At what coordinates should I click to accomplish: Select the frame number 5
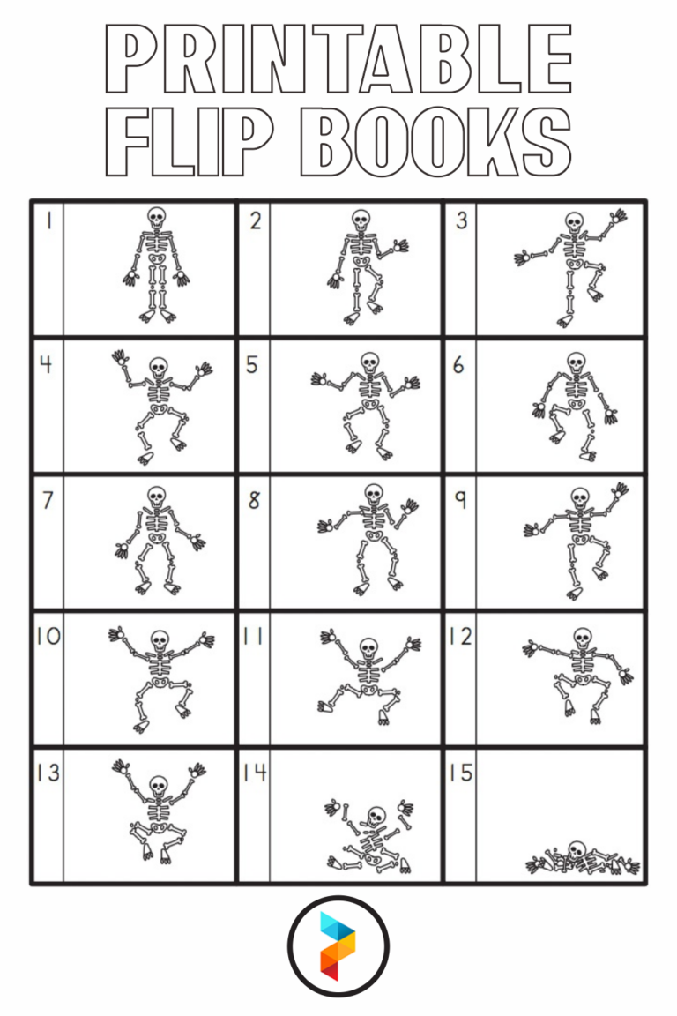pyautogui.click(x=252, y=364)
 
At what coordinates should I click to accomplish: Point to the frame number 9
pyautogui.click(x=459, y=500)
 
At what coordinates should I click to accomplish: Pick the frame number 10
pyautogui.click(x=48, y=636)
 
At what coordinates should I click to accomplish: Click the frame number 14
pyautogui.click(x=254, y=773)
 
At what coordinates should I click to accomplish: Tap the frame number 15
pyautogui.click(x=460, y=773)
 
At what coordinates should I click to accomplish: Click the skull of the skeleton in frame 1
pyautogui.click(x=156, y=217)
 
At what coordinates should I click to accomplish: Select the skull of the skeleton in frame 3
pyautogui.click(x=574, y=220)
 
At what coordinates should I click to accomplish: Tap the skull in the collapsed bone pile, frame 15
pyautogui.click(x=577, y=849)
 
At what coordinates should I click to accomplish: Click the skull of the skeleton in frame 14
pyautogui.click(x=376, y=815)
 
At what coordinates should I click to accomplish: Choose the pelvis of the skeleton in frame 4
pyautogui.click(x=159, y=412)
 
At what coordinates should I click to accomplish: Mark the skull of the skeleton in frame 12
pyautogui.click(x=581, y=637)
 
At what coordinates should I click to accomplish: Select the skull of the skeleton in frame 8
pyautogui.click(x=374, y=492)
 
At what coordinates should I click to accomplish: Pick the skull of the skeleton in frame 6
pyautogui.click(x=576, y=362)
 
